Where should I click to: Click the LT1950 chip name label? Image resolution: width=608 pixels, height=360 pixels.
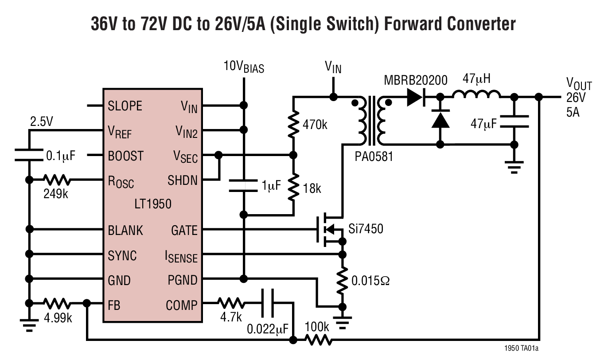[x=153, y=204]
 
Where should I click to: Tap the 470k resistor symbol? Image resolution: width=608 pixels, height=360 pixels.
[x=293, y=125]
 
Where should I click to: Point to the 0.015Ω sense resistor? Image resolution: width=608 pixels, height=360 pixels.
[x=342, y=281]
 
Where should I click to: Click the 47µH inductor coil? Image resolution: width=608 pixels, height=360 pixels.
[x=477, y=94]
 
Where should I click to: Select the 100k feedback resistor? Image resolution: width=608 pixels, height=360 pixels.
[x=317, y=340]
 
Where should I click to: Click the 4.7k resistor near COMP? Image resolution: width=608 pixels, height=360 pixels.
[x=230, y=303]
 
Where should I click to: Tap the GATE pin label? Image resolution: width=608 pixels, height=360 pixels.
[x=184, y=231]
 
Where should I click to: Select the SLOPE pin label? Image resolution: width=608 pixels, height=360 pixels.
[x=125, y=106]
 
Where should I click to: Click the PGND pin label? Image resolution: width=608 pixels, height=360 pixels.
[x=182, y=281]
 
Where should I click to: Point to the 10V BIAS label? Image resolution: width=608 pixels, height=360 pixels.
[x=244, y=68]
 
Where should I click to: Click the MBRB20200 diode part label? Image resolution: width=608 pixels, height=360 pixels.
[x=415, y=80]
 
